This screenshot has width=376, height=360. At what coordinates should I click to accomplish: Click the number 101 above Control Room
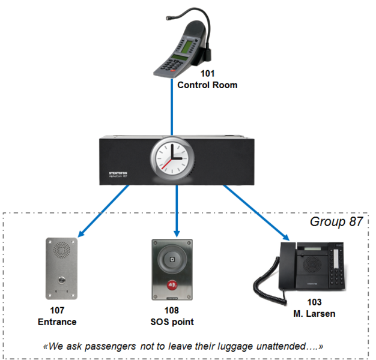[207, 74]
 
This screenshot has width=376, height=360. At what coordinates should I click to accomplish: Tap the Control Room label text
[207, 85]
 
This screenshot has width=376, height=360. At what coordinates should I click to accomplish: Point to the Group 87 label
[336, 221]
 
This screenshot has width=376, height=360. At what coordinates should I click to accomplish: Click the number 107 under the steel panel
[58, 311]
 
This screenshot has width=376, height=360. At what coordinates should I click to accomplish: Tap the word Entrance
[58, 322]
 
